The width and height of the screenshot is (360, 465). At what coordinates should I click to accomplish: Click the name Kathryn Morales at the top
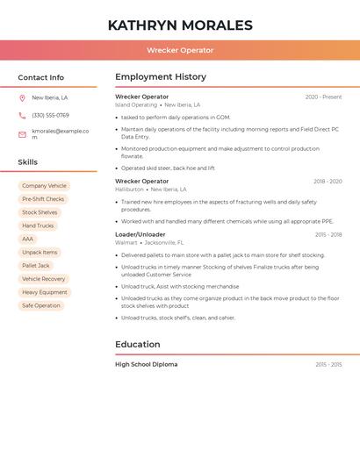[x=180, y=25]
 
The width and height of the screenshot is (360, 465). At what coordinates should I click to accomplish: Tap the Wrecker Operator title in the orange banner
[x=180, y=50]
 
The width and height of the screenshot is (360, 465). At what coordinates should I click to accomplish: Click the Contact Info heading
[x=40, y=77]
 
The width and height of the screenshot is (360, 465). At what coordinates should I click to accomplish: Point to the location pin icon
[x=22, y=98]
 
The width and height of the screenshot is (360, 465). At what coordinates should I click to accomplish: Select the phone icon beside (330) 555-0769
[x=22, y=115]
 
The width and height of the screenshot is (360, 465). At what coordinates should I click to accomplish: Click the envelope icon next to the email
[x=22, y=133]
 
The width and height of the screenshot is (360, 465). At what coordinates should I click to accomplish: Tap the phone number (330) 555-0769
[x=50, y=115]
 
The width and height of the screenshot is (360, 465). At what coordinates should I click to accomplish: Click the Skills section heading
[x=27, y=162]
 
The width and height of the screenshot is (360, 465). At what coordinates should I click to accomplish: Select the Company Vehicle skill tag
[x=44, y=186]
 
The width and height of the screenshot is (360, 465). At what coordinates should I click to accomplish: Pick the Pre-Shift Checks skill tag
[x=43, y=199]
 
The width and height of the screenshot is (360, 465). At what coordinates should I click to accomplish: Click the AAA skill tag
[x=27, y=239]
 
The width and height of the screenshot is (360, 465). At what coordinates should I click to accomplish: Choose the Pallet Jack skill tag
[x=36, y=266]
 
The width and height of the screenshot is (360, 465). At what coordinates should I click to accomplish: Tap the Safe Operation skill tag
[x=41, y=305]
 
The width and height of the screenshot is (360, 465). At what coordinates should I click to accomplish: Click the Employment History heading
[x=161, y=77]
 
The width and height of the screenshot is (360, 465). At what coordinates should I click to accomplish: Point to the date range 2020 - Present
[x=323, y=97]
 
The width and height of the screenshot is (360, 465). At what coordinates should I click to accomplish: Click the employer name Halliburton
[x=129, y=190]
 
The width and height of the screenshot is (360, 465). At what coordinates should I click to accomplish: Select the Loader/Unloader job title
[x=140, y=234]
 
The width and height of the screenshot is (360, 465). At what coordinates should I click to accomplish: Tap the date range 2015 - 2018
[x=328, y=234]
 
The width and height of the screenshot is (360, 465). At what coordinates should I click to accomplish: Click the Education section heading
[x=137, y=344]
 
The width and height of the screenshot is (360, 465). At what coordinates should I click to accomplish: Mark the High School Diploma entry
[x=146, y=364]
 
